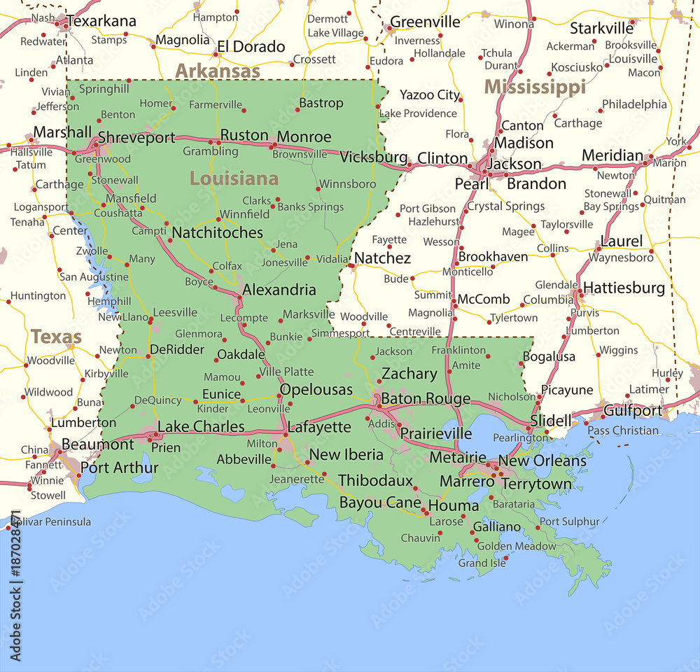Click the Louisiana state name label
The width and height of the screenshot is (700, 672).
pyautogui.click(x=234, y=178)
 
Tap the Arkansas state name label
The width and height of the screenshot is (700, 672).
pyautogui.click(x=217, y=71)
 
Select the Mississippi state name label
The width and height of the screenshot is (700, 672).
pyautogui.click(x=535, y=87)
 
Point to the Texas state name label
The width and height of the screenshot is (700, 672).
pyautogui.click(x=56, y=337)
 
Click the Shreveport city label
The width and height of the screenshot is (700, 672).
pyautogui.click(x=136, y=138)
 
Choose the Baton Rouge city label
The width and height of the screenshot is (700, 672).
pyautogui.click(x=426, y=398)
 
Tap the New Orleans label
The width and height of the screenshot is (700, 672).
pyautogui.click(x=542, y=461)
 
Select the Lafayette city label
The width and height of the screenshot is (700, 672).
pyautogui.click(x=319, y=426)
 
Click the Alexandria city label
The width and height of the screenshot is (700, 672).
pyautogui.click(x=279, y=289)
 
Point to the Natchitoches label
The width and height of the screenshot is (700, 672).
pyautogui.click(x=218, y=232)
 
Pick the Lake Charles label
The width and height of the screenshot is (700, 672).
pyautogui.click(x=201, y=426)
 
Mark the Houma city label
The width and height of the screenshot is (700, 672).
pyautogui.click(x=454, y=505)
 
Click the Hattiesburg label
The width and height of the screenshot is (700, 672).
pyautogui.click(x=624, y=288)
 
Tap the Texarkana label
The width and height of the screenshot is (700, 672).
pyautogui.click(x=101, y=21)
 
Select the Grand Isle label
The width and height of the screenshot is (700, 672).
pyautogui.click(x=482, y=563)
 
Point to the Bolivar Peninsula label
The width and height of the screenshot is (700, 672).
pyautogui.click(x=49, y=521)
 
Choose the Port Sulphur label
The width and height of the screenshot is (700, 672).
pyautogui.click(x=569, y=521)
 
